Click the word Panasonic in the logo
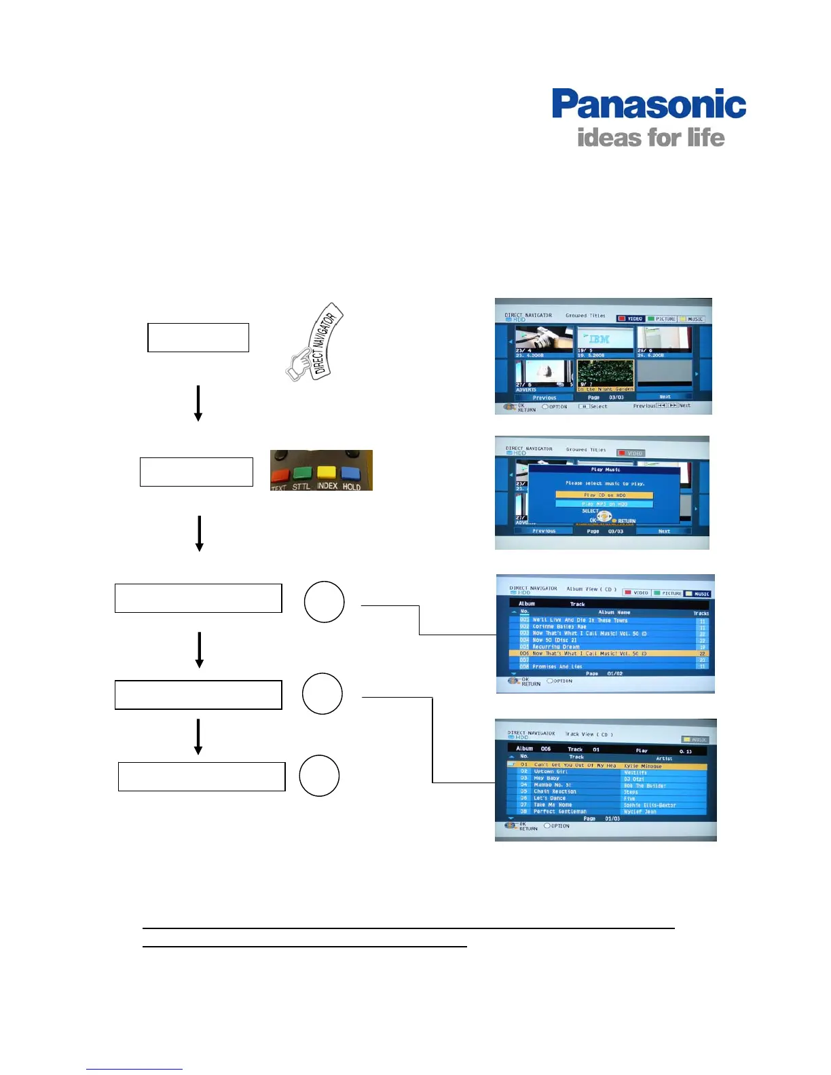coord(648,105)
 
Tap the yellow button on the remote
coord(327,472)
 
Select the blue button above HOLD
coord(351,472)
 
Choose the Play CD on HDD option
coord(604,495)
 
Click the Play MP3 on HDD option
coord(604,504)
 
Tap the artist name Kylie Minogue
coord(642,766)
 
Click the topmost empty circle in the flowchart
coord(324,602)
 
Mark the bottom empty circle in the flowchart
coord(319,776)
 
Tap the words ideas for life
coord(650,138)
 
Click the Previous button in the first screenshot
coord(544,398)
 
